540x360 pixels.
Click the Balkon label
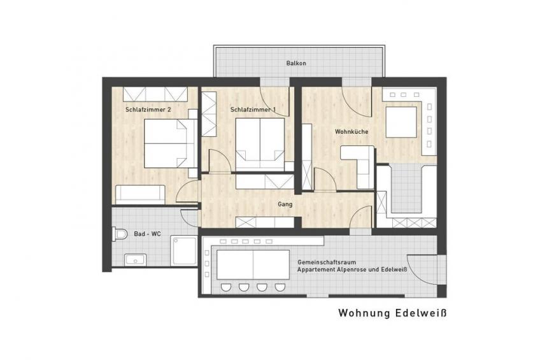pyautogui.click(x=296, y=63)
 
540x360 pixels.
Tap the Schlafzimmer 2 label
pyautogui.click(x=148, y=110)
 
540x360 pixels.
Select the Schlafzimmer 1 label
pyautogui.click(x=253, y=110)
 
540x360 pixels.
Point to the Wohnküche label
pyautogui.click(x=352, y=132)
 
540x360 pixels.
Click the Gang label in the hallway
pyautogui.click(x=285, y=205)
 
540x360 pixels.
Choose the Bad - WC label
pyautogui.click(x=147, y=234)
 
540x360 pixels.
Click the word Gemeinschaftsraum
pyautogui.click(x=327, y=262)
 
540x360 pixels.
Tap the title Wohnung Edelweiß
pyautogui.click(x=392, y=313)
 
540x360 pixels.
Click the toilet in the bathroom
pyautogui.click(x=120, y=234)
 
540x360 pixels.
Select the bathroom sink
pyautogui.click(x=136, y=260)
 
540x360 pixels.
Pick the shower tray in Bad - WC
pyautogui.click(x=184, y=251)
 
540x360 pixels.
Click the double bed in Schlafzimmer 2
pyautogui.click(x=171, y=143)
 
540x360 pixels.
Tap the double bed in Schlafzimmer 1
pyautogui.click(x=260, y=145)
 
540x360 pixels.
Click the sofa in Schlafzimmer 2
pyautogui.click(x=140, y=194)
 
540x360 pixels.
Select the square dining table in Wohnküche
pyautogui.click(x=401, y=122)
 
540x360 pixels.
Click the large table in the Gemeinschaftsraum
pyautogui.click(x=253, y=264)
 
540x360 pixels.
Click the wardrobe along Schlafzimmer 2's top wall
pyautogui.click(x=155, y=94)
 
